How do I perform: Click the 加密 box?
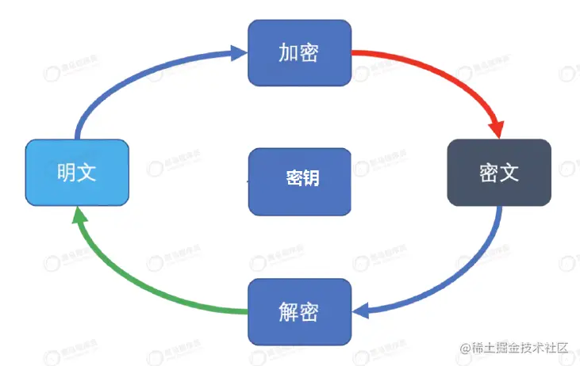[x=299, y=52]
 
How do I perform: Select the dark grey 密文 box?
[x=499, y=173]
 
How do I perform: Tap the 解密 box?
[x=299, y=311]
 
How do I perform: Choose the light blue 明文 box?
[x=77, y=173]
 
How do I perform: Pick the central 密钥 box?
[x=299, y=181]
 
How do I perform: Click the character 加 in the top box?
[x=288, y=52]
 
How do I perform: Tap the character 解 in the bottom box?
[x=288, y=311]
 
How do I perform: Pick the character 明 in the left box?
[x=66, y=173]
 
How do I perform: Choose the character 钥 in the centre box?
[x=310, y=177]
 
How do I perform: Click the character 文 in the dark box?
[x=509, y=173]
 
